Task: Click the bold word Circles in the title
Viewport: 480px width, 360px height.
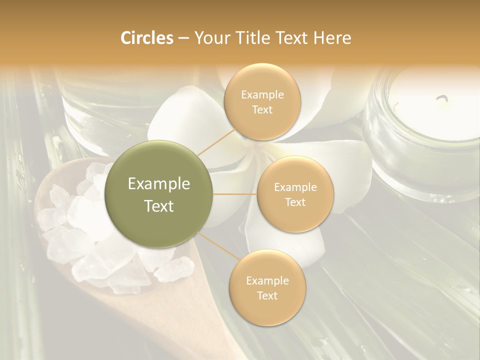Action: [x=146, y=38]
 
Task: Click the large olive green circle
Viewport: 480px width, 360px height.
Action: [x=159, y=194]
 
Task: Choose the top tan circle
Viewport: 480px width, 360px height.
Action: [x=262, y=102]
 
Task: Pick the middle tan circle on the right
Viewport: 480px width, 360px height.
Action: [x=295, y=194]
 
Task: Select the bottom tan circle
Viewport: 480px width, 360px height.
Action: [x=267, y=287]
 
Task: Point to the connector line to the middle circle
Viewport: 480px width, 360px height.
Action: [x=235, y=194]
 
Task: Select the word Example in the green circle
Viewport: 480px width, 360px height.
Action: [x=159, y=184]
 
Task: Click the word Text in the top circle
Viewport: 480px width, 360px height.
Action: [x=262, y=109]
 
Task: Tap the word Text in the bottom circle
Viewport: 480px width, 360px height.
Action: [x=267, y=295]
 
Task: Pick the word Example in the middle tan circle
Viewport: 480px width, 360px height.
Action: [x=295, y=187]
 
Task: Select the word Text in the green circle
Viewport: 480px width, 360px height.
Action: [x=159, y=206]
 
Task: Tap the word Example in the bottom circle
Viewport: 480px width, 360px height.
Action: [x=267, y=280]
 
